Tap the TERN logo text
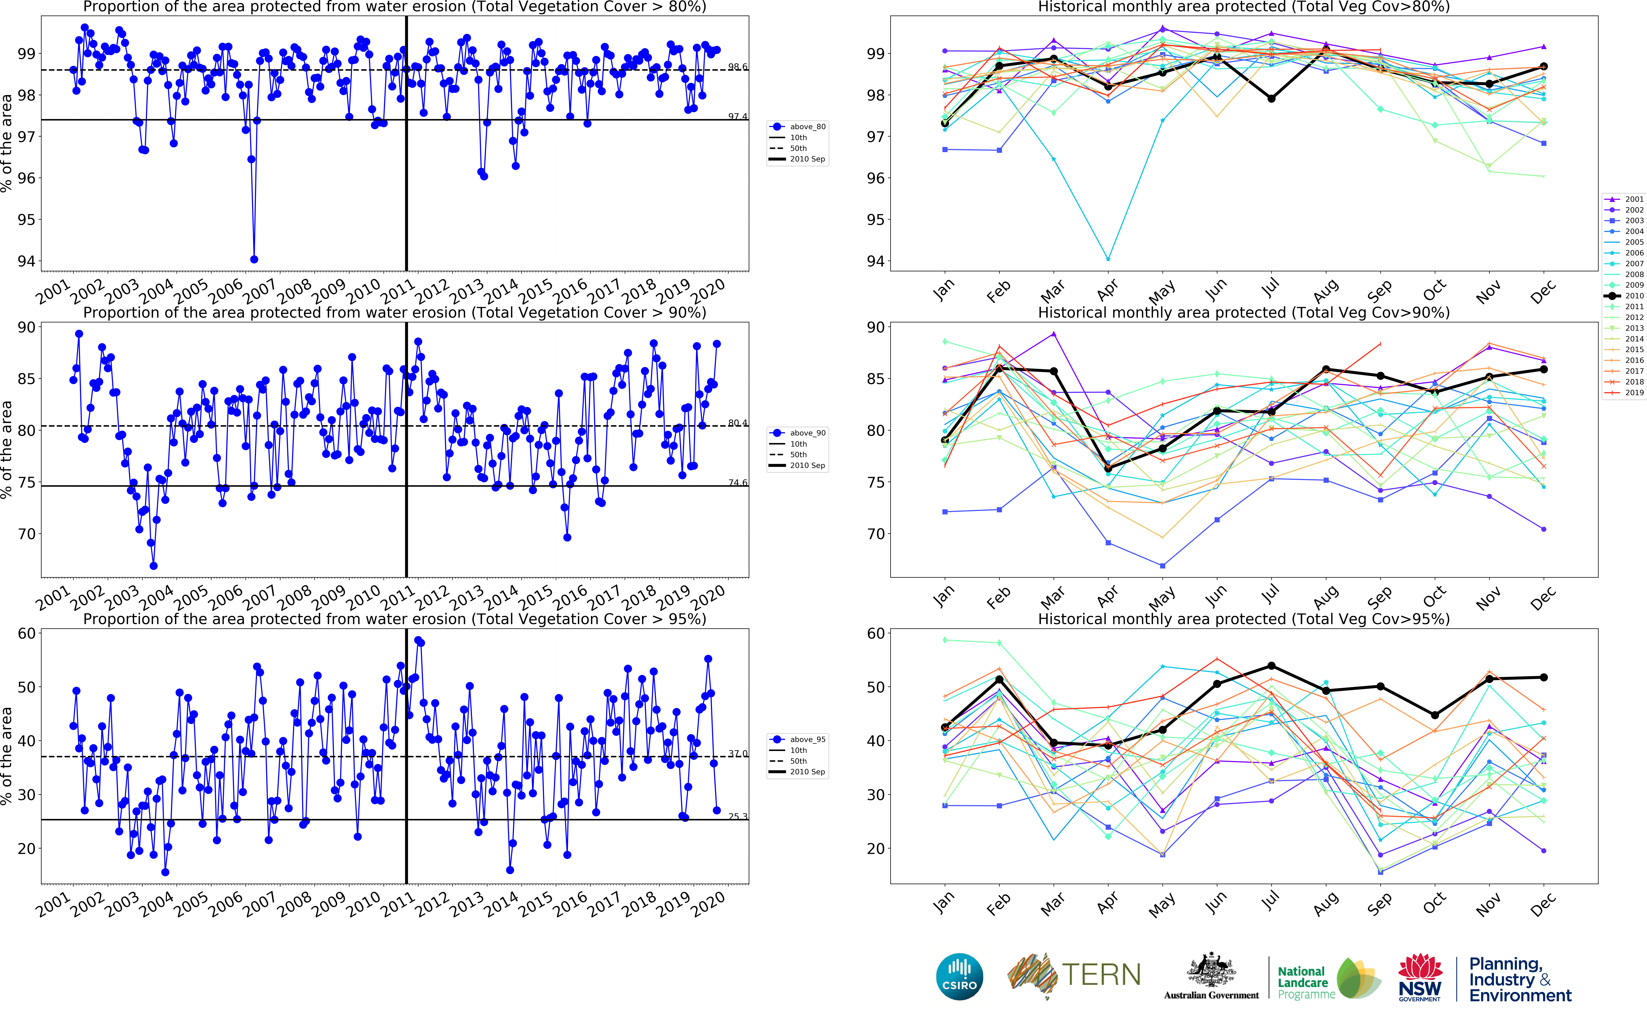coord(1101,975)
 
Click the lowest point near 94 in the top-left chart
coord(254,259)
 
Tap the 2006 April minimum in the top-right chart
coord(1108,259)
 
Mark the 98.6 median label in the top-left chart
coord(737,67)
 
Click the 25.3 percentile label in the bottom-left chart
coord(737,816)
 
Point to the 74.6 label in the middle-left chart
coord(737,482)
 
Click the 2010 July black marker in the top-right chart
coord(1271,99)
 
